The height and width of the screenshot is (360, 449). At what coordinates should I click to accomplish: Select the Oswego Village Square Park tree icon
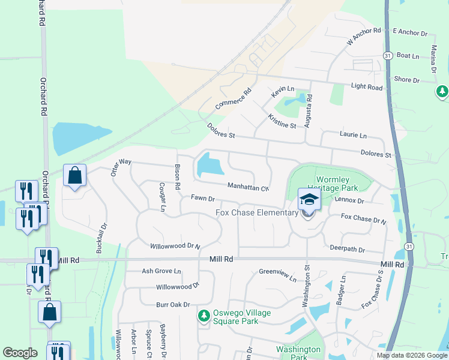204,315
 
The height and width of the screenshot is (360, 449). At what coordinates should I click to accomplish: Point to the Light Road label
366,87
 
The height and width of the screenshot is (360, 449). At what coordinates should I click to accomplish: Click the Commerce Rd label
234,101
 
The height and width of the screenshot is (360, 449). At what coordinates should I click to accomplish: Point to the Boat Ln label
408,56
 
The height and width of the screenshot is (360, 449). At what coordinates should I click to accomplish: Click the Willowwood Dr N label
175,246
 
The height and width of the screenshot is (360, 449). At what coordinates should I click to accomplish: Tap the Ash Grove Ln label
161,271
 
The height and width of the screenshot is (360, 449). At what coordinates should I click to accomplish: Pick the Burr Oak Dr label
173,305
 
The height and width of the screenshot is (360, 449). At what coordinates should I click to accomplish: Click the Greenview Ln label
277,275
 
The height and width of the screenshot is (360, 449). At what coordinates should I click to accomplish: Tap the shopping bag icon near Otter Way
74,176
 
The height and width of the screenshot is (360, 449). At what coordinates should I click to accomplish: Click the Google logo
20,353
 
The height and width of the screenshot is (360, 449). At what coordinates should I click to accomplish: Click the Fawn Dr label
203,198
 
